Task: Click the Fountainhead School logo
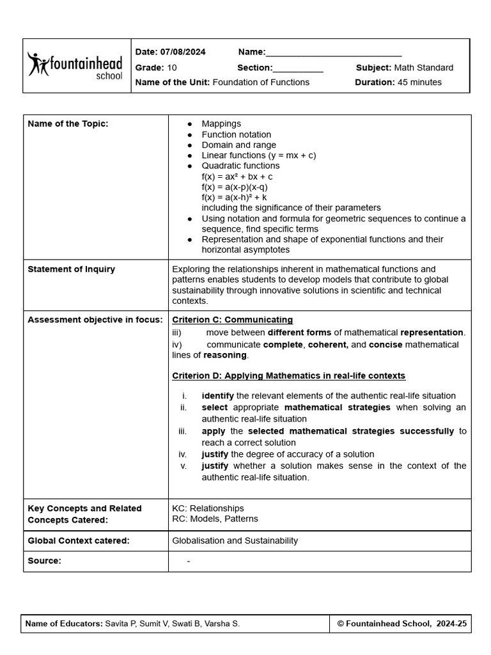pyautogui.click(x=75, y=66)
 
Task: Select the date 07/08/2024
pyautogui.click(x=183, y=52)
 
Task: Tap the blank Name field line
pyautogui.click(x=333, y=53)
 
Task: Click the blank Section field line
pyautogui.click(x=298, y=68)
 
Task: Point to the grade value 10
pyautogui.click(x=172, y=68)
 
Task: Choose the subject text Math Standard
pyautogui.click(x=423, y=68)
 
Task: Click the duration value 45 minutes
pyautogui.click(x=419, y=83)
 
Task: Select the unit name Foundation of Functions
pyautogui.click(x=261, y=83)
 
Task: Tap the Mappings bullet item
pyautogui.click(x=221, y=124)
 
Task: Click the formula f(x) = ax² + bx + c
pyautogui.click(x=237, y=177)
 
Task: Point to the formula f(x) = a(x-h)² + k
pyautogui.click(x=234, y=198)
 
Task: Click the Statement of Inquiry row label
pyautogui.click(x=72, y=269)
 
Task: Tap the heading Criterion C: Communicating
pyautogui.click(x=233, y=320)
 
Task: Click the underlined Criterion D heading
pyautogui.click(x=288, y=376)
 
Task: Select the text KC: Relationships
pyautogui.click(x=208, y=509)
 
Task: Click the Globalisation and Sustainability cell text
pyautogui.click(x=235, y=541)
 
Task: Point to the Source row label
pyautogui.click(x=45, y=561)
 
